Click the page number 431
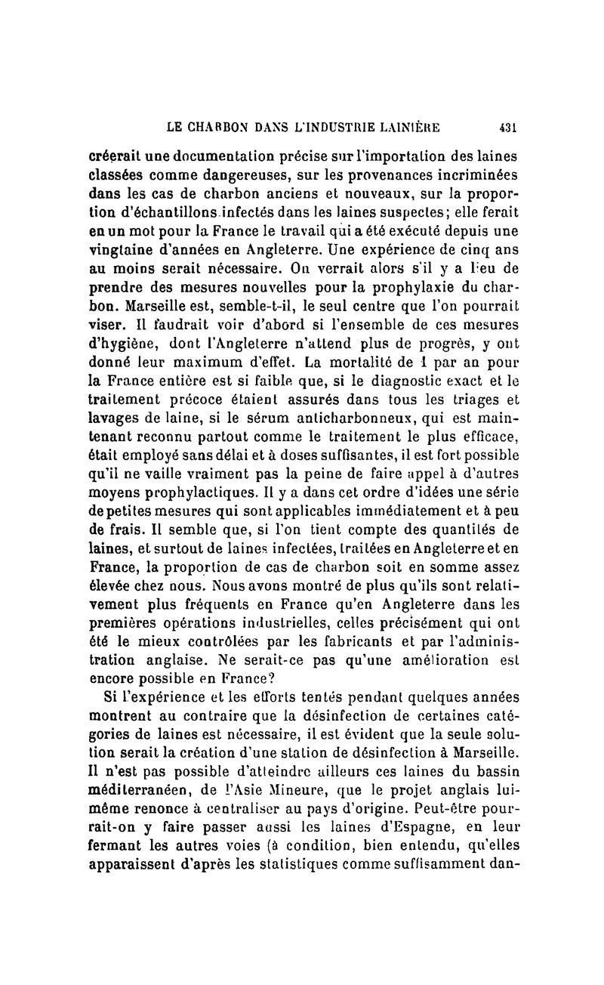pyautogui.click(x=507, y=128)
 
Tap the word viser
pyautogui.click(x=105, y=332)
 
